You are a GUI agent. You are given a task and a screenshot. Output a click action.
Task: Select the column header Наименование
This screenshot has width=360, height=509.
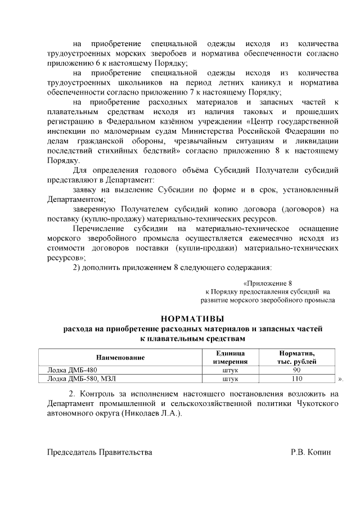click(x=120, y=357)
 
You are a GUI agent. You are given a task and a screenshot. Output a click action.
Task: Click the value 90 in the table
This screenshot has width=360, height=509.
click(x=297, y=371)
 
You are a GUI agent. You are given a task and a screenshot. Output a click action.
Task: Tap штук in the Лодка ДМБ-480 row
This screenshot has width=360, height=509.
click(x=231, y=371)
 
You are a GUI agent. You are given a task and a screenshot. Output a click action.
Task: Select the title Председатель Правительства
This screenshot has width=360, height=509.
click(x=100, y=452)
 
